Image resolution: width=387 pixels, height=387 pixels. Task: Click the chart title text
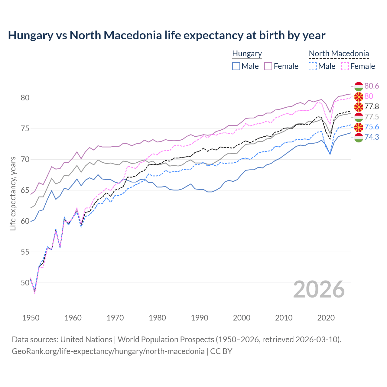point(167,35)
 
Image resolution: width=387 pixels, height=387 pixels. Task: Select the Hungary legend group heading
point(247,54)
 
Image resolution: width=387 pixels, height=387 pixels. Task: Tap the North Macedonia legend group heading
point(339,54)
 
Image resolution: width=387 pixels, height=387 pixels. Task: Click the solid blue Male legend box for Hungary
point(236,66)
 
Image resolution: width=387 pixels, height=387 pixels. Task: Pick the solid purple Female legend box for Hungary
point(268,66)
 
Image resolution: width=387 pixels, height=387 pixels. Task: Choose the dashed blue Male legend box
point(313,66)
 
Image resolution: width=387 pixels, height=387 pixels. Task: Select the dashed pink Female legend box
point(345,66)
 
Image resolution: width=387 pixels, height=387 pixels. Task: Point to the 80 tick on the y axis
point(25,98)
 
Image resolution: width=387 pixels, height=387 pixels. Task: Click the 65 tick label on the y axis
point(25,190)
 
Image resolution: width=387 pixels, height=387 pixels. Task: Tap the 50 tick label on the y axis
point(25,283)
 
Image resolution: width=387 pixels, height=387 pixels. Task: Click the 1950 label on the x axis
point(31,318)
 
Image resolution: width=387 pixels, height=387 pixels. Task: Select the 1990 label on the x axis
point(200,318)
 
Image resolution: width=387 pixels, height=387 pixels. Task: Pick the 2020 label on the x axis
point(326,318)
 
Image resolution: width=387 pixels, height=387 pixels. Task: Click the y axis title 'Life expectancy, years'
point(13,193)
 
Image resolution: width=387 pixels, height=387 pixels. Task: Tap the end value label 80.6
point(372,86)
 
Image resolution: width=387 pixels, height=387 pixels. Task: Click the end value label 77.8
point(372,106)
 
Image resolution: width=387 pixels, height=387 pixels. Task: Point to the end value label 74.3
point(372,137)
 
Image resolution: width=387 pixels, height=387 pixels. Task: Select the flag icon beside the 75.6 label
point(359,127)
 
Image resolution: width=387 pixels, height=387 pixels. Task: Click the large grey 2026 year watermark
point(319,289)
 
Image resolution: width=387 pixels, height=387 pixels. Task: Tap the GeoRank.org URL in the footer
point(108,351)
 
